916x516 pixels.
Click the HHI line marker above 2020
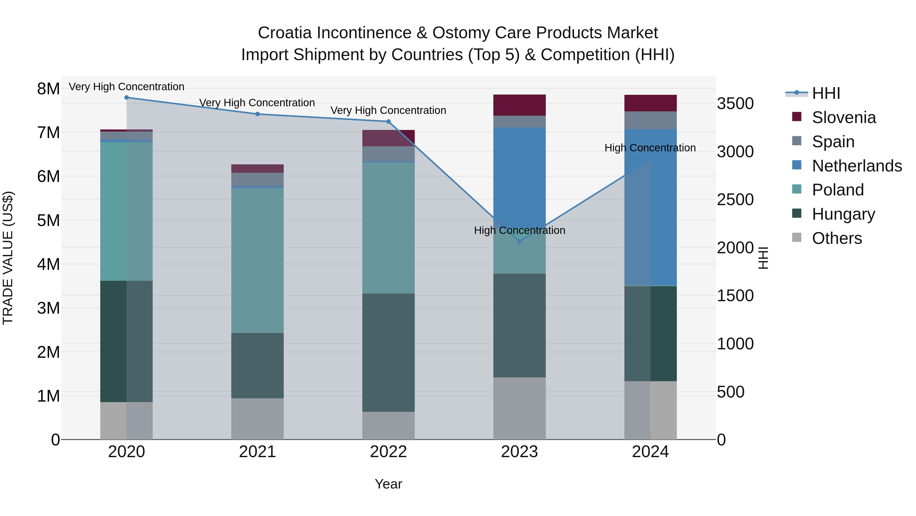tap(127, 98)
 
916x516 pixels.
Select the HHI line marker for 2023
tap(520, 242)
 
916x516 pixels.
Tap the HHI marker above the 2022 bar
tap(388, 122)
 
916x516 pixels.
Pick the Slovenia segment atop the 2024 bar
tap(650, 103)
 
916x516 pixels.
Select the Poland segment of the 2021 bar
tap(257, 260)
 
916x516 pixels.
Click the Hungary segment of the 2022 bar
tap(388, 353)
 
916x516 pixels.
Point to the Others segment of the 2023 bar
tap(520, 408)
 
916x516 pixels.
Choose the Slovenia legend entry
tap(843, 117)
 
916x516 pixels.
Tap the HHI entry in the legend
tap(826, 93)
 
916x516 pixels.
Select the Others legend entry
tap(836, 238)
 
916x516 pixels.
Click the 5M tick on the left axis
tap(48, 220)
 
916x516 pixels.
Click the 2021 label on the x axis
tap(257, 452)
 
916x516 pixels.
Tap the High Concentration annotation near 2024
tap(650, 148)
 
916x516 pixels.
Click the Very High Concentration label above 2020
tap(127, 87)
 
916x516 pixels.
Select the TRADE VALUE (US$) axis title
tap(8, 258)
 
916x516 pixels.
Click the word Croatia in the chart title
tap(285, 33)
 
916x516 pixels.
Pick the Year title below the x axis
tap(388, 484)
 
